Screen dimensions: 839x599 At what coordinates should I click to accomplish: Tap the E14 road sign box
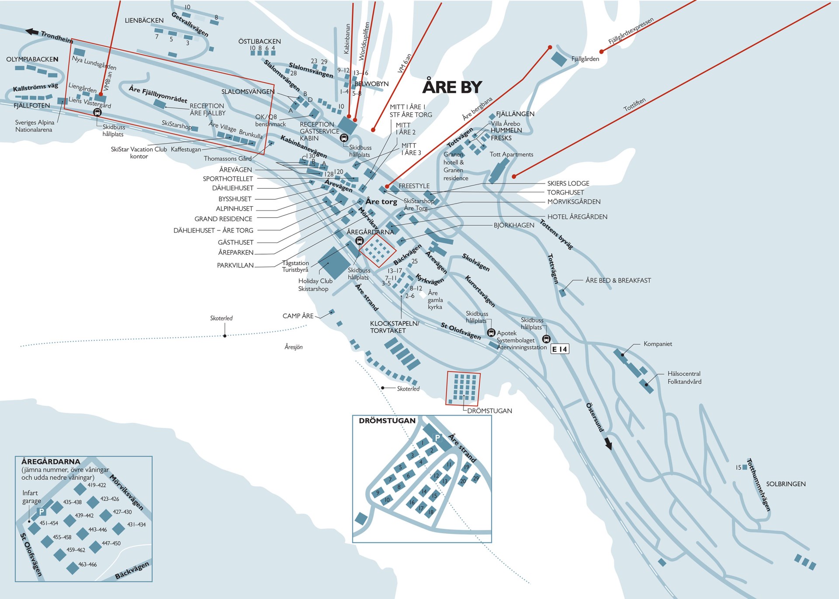(559, 349)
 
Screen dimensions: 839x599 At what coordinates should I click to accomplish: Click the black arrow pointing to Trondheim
(32, 31)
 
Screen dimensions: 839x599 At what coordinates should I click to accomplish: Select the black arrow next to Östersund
(608, 444)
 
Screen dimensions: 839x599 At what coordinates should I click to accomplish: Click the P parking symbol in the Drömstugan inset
(437, 438)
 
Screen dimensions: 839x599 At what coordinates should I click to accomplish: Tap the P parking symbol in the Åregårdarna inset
(42, 512)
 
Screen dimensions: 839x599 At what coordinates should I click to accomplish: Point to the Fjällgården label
(585, 59)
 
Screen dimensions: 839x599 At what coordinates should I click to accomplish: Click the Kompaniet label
(658, 344)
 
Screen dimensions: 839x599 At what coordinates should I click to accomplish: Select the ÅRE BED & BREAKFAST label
(618, 280)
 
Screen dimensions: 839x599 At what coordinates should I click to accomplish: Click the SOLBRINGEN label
(786, 484)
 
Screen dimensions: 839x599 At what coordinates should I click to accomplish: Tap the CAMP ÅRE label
(298, 316)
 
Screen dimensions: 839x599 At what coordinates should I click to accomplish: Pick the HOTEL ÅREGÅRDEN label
(577, 217)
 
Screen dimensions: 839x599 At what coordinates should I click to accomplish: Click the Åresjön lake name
(294, 347)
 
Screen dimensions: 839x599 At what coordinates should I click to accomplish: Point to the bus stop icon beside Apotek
(491, 333)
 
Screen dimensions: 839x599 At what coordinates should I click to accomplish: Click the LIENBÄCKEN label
(144, 21)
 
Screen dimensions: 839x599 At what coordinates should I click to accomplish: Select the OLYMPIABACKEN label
(32, 59)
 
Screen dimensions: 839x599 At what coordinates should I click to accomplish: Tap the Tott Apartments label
(511, 154)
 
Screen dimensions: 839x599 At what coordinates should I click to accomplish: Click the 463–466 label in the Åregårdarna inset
(87, 564)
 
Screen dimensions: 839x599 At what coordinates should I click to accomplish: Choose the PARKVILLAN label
(235, 265)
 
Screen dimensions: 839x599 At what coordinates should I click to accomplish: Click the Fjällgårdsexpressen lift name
(631, 31)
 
